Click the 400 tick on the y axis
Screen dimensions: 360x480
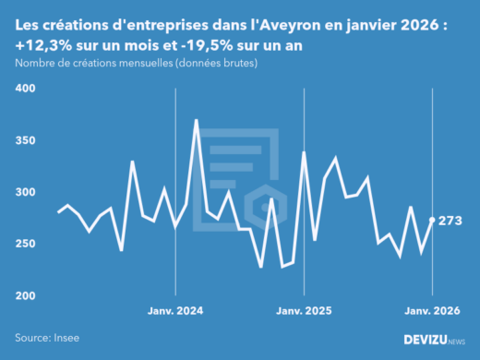coord(25,89)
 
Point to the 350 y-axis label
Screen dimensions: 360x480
coord(25,140)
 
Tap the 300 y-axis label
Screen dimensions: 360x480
coord(25,192)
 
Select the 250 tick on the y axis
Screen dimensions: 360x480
coord(25,244)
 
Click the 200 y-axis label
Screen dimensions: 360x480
coord(25,295)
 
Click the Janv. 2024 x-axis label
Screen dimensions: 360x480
coord(175,311)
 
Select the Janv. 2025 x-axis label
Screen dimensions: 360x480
coord(304,311)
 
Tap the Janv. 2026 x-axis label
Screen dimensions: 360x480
coord(431,311)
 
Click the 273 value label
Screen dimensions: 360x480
coord(451,221)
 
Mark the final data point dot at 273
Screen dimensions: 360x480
coord(433,220)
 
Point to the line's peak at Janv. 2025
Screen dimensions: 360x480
coord(305,152)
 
